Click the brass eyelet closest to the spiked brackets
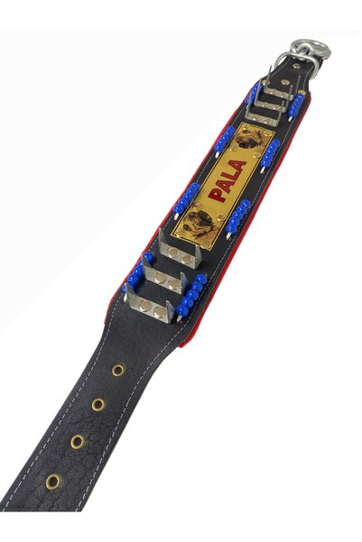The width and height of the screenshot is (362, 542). (x=118, y=371)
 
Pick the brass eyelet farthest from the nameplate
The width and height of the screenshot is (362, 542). (x=53, y=482)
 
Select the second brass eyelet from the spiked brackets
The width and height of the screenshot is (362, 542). (x=98, y=404)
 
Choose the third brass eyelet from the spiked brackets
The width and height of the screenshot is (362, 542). (x=78, y=442)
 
